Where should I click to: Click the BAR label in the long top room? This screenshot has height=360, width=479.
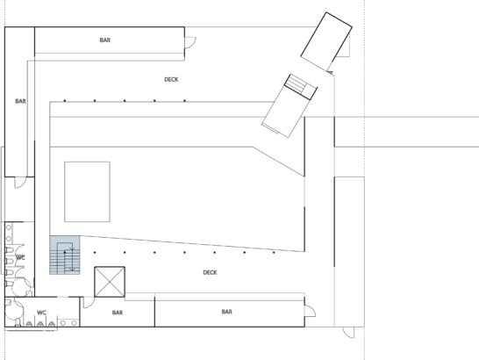(104, 40)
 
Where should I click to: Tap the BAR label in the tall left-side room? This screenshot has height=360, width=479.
(20, 101)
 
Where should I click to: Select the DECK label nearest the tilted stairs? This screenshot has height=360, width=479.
(171, 80)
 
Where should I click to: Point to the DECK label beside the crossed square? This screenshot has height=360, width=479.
(210, 272)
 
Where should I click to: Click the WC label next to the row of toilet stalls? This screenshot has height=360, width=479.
(20, 257)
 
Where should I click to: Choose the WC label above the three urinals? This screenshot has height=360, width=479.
(41, 313)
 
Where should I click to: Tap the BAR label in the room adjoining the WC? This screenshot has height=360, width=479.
(118, 313)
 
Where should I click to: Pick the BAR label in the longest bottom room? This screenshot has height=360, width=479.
(226, 312)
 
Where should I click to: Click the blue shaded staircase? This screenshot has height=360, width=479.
(65, 256)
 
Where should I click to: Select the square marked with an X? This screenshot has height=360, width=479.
(110, 282)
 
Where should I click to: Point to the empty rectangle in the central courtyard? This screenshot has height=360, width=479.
(87, 191)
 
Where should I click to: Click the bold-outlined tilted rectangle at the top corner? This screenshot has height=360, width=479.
(326, 41)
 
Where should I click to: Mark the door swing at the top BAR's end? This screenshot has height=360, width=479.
(190, 42)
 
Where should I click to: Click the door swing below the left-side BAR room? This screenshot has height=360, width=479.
(21, 183)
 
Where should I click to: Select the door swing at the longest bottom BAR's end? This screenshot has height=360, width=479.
(310, 312)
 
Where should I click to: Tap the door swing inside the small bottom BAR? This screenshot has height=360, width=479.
(89, 302)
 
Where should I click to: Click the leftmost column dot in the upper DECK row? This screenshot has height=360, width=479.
(65, 101)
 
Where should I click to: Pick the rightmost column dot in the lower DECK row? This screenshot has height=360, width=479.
(274, 253)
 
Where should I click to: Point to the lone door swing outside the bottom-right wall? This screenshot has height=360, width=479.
(348, 333)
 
